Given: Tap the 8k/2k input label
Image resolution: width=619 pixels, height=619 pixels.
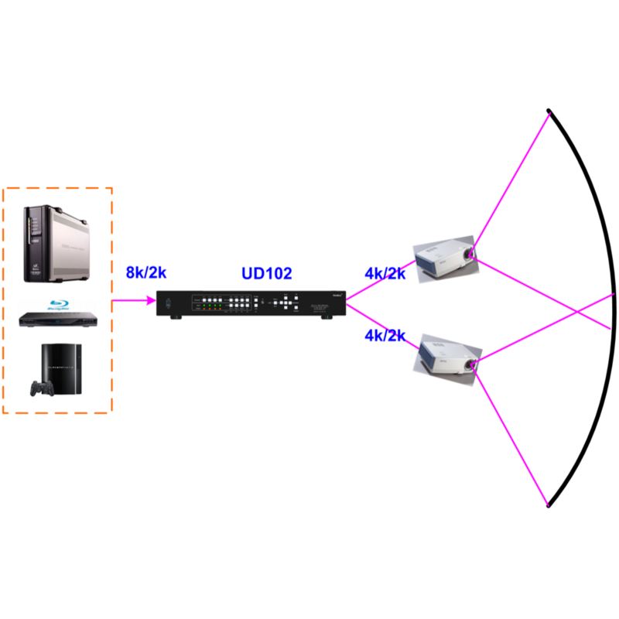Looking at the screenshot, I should [x=147, y=272].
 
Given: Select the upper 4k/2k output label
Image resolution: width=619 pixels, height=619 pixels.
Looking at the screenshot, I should [x=385, y=273].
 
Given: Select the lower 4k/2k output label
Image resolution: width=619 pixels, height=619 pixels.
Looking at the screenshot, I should [x=385, y=336].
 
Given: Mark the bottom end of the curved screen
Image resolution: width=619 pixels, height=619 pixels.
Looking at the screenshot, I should [x=549, y=505].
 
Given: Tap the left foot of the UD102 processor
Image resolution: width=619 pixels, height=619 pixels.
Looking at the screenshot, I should [x=176, y=317].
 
